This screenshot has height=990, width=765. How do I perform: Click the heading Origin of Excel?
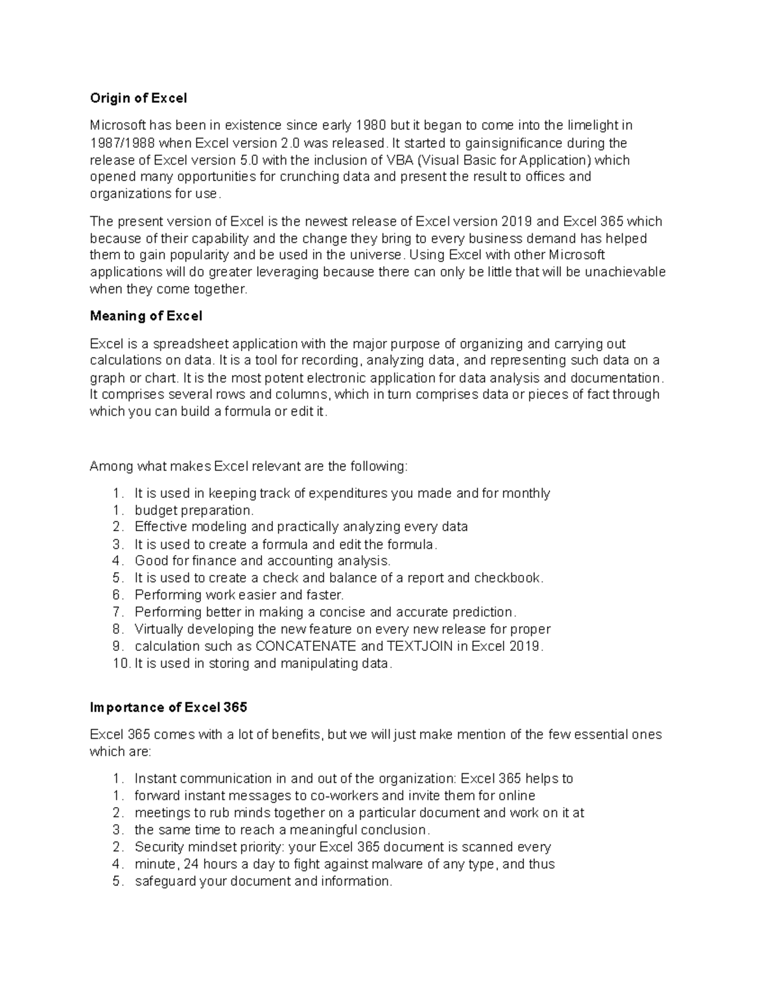(138, 98)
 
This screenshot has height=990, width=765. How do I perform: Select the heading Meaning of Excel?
(146, 316)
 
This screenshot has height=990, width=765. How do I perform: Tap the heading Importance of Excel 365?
(168, 708)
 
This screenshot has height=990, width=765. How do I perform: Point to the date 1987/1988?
(122, 143)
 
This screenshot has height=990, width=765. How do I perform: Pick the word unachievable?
(625, 272)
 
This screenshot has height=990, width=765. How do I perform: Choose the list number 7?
(117, 613)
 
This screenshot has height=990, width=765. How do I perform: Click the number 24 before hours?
(193, 864)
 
